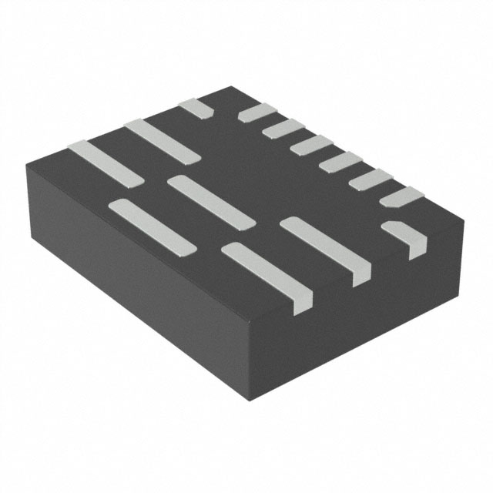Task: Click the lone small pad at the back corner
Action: coord(196,108)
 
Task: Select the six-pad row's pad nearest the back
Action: coord(257,113)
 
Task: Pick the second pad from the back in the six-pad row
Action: coord(283,128)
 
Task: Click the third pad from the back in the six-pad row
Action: coord(311,144)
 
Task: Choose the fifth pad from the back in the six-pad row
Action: coord(371,179)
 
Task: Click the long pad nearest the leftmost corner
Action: coord(106,163)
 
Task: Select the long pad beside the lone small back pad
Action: coord(163,141)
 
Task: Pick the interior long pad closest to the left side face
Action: coord(152,226)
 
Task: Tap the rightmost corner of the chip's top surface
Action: coord(463,224)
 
